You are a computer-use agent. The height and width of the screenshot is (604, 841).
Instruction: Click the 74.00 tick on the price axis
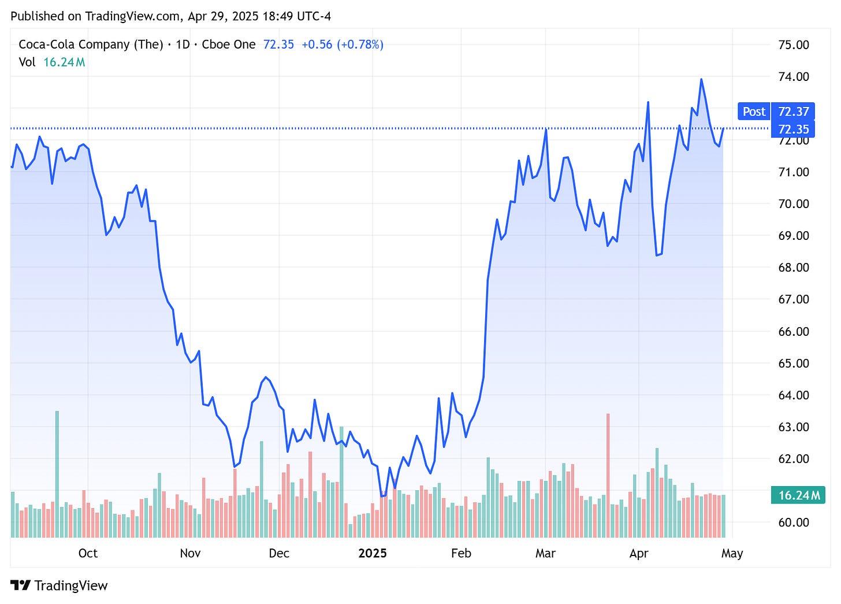(794, 76)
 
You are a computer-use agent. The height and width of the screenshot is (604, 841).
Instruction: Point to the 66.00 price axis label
(794, 331)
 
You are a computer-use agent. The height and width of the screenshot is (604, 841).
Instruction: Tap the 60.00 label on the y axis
(794, 522)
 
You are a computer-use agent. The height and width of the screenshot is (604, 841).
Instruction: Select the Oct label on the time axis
(88, 553)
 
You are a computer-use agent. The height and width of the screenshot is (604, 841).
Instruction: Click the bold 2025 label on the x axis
(373, 553)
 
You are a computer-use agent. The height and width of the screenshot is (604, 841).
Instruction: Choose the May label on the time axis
(732, 553)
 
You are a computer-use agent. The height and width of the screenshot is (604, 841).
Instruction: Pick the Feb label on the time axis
(461, 553)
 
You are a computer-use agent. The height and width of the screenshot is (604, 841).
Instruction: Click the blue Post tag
(754, 112)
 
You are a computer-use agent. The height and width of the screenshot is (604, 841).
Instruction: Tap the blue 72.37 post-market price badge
(793, 112)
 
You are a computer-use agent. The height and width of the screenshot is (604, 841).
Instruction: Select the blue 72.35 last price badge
(793, 129)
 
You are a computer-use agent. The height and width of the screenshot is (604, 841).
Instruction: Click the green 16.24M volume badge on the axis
(799, 495)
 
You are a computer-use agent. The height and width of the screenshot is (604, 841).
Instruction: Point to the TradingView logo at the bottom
(59, 586)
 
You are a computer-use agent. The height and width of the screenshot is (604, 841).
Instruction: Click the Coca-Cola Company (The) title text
(91, 45)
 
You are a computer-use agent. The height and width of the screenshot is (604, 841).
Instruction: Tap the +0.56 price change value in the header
(317, 45)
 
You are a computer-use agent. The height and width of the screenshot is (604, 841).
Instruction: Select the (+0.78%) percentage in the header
(360, 45)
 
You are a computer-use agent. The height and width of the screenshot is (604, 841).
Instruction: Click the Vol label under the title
(27, 62)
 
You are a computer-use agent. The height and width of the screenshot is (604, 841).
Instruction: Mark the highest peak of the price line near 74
(701, 80)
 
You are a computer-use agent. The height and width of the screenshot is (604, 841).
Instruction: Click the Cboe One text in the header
(229, 45)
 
